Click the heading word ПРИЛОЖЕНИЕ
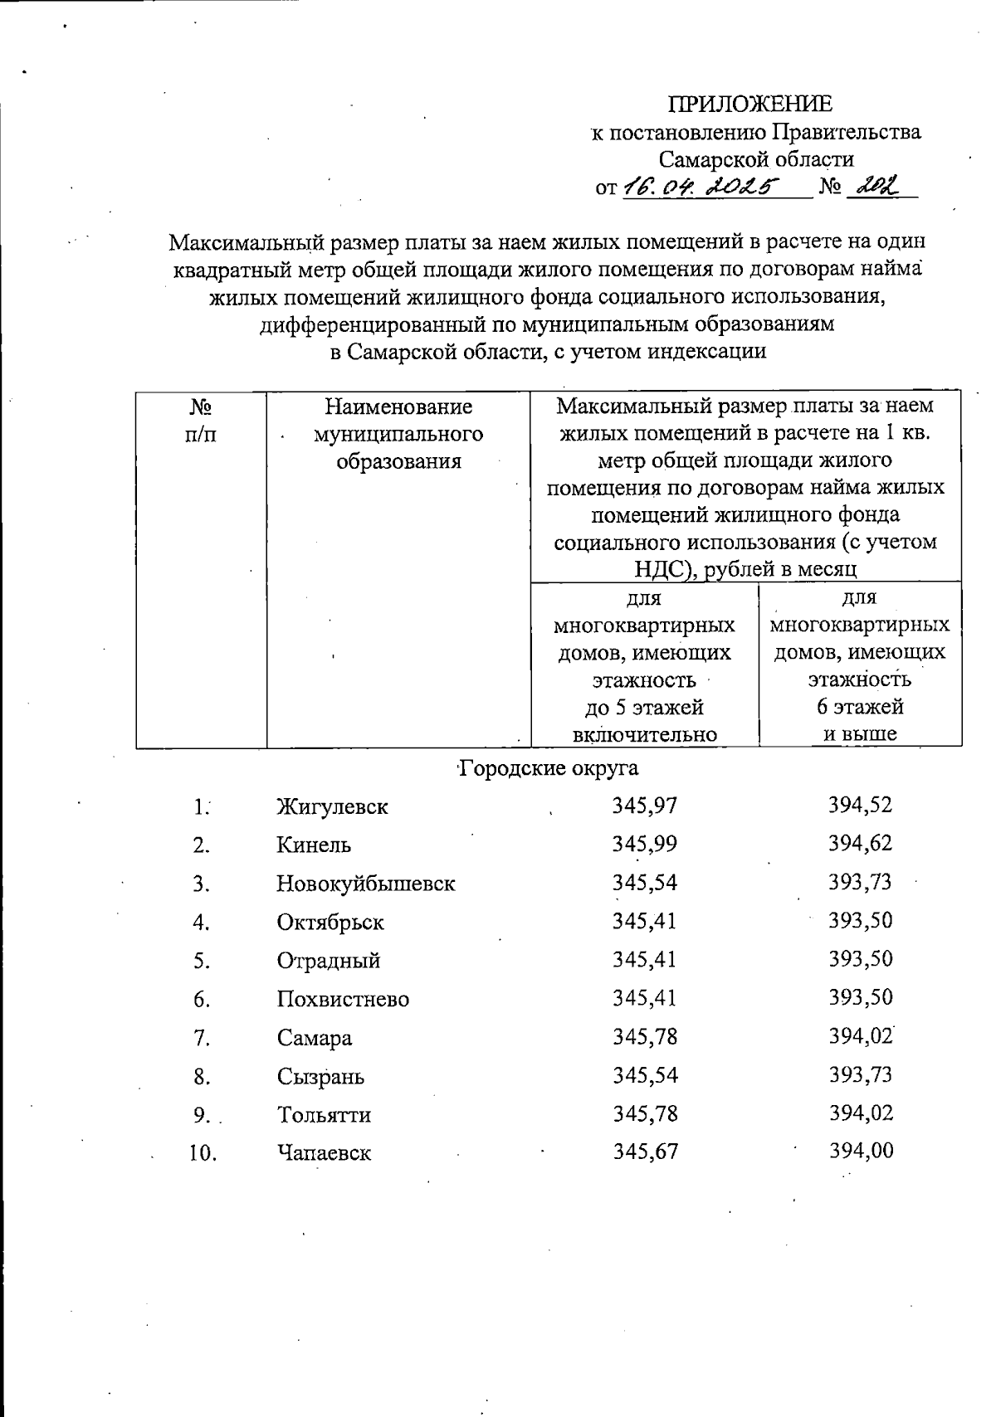point(750,105)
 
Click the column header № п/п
point(201,421)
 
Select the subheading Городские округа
point(549,768)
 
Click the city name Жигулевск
point(332,806)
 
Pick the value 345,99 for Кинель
point(644,844)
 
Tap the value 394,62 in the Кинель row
point(860,844)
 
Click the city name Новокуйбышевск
point(365,884)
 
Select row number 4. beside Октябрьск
point(201,923)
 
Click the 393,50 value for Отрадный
point(860,959)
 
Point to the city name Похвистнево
point(343,999)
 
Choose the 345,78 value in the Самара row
point(644,1036)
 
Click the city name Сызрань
point(320,1077)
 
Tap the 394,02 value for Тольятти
point(861,1113)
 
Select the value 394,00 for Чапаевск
point(861,1152)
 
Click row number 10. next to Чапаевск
point(203,1153)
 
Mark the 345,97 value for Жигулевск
point(644,805)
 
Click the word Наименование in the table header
point(398,407)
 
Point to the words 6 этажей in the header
point(860,708)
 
